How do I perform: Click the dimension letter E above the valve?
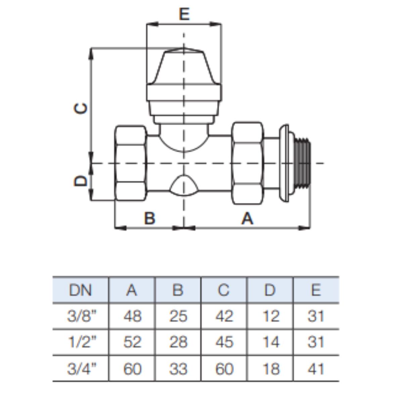point(184,14)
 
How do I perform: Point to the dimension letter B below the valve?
point(150,218)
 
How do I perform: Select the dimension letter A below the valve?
point(247,218)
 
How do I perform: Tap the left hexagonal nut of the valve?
point(131,163)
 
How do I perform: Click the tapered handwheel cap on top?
point(184,66)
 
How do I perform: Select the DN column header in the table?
point(80,290)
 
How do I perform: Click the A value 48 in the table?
point(132,316)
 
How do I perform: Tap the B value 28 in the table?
point(178,342)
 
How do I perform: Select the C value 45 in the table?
point(224,342)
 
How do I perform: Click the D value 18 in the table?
point(271,369)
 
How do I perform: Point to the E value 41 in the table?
point(316,369)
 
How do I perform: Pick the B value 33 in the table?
point(178,369)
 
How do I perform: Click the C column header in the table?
point(224,290)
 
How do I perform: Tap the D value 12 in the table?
point(271,316)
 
